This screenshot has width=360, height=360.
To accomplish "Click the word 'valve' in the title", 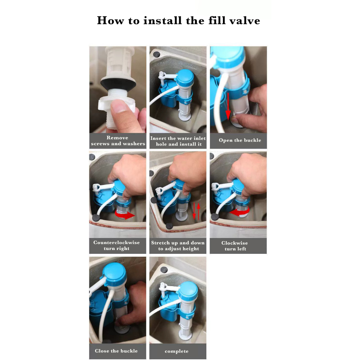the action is point(245,21).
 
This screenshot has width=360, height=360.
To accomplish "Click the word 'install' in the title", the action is point(162,20).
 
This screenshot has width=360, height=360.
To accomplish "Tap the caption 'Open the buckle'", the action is point(240,140).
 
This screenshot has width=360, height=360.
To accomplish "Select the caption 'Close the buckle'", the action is point(116,351).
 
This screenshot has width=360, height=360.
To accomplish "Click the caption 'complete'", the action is point(176,351).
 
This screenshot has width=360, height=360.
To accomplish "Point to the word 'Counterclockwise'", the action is point(116,243).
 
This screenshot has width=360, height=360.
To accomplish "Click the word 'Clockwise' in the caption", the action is point(234,243).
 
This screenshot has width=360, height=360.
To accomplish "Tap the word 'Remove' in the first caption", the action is point(117,138).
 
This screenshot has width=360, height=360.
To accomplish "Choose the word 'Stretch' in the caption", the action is point(160,243).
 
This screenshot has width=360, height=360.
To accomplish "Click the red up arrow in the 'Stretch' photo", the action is point(199,211).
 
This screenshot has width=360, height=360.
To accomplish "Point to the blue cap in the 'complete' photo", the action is point(188,290).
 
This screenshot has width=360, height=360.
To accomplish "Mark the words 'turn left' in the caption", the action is point(235,249).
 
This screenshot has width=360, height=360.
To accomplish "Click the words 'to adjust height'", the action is point(178,249).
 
